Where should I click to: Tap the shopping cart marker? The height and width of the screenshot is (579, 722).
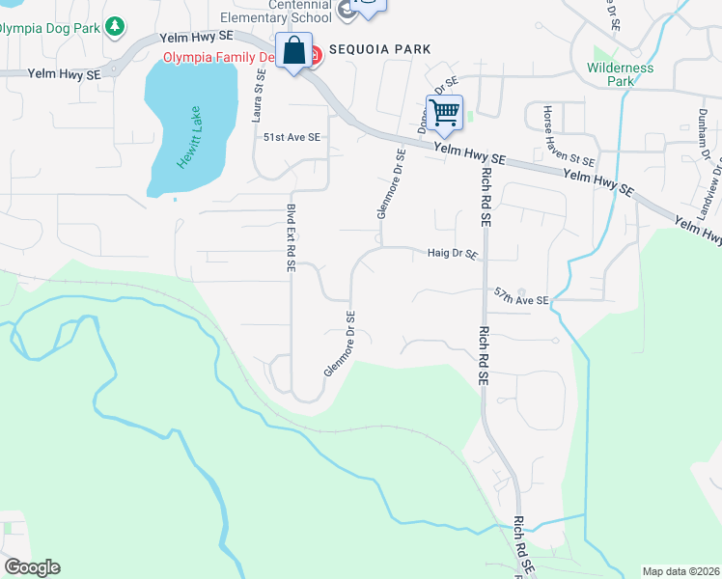click(444, 113)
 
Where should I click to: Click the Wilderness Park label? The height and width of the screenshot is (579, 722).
click(620, 74)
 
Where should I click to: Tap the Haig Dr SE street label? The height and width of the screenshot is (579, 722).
click(453, 255)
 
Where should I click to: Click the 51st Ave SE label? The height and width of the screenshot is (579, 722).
click(292, 138)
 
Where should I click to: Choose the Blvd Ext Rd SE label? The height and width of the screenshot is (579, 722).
click(290, 237)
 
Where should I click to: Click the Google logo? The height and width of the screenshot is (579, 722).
click(31, 567)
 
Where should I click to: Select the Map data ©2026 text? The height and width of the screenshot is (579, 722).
click(680, 571)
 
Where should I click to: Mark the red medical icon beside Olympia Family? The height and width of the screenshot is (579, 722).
click(315, 57)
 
